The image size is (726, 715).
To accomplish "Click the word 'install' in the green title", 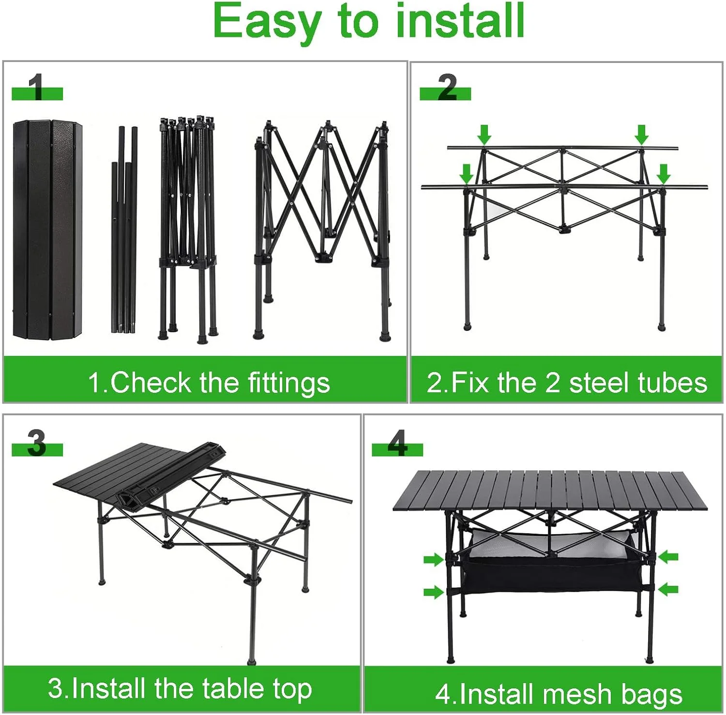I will pos(460,22).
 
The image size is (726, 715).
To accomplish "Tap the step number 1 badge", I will pos(37,89).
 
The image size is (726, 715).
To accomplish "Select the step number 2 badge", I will pos(446,89).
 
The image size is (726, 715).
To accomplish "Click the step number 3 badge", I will pos(37,444).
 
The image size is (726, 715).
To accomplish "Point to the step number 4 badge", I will pos(397,444).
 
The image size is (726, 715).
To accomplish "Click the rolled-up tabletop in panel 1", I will pos(47,230).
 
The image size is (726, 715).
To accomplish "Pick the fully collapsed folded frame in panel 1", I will pos(188,227).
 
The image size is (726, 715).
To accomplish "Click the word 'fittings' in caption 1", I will pos(289,383).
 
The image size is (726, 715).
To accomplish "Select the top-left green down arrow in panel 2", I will pos(484,134).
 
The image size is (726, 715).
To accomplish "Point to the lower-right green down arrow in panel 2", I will pos(663,173).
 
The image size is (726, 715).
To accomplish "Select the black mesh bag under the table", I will pos(552,576).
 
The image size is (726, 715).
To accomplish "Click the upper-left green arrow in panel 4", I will pos(434,560).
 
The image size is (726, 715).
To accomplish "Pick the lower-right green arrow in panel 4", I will pos(668,589).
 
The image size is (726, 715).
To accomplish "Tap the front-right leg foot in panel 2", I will pos(662,328).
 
